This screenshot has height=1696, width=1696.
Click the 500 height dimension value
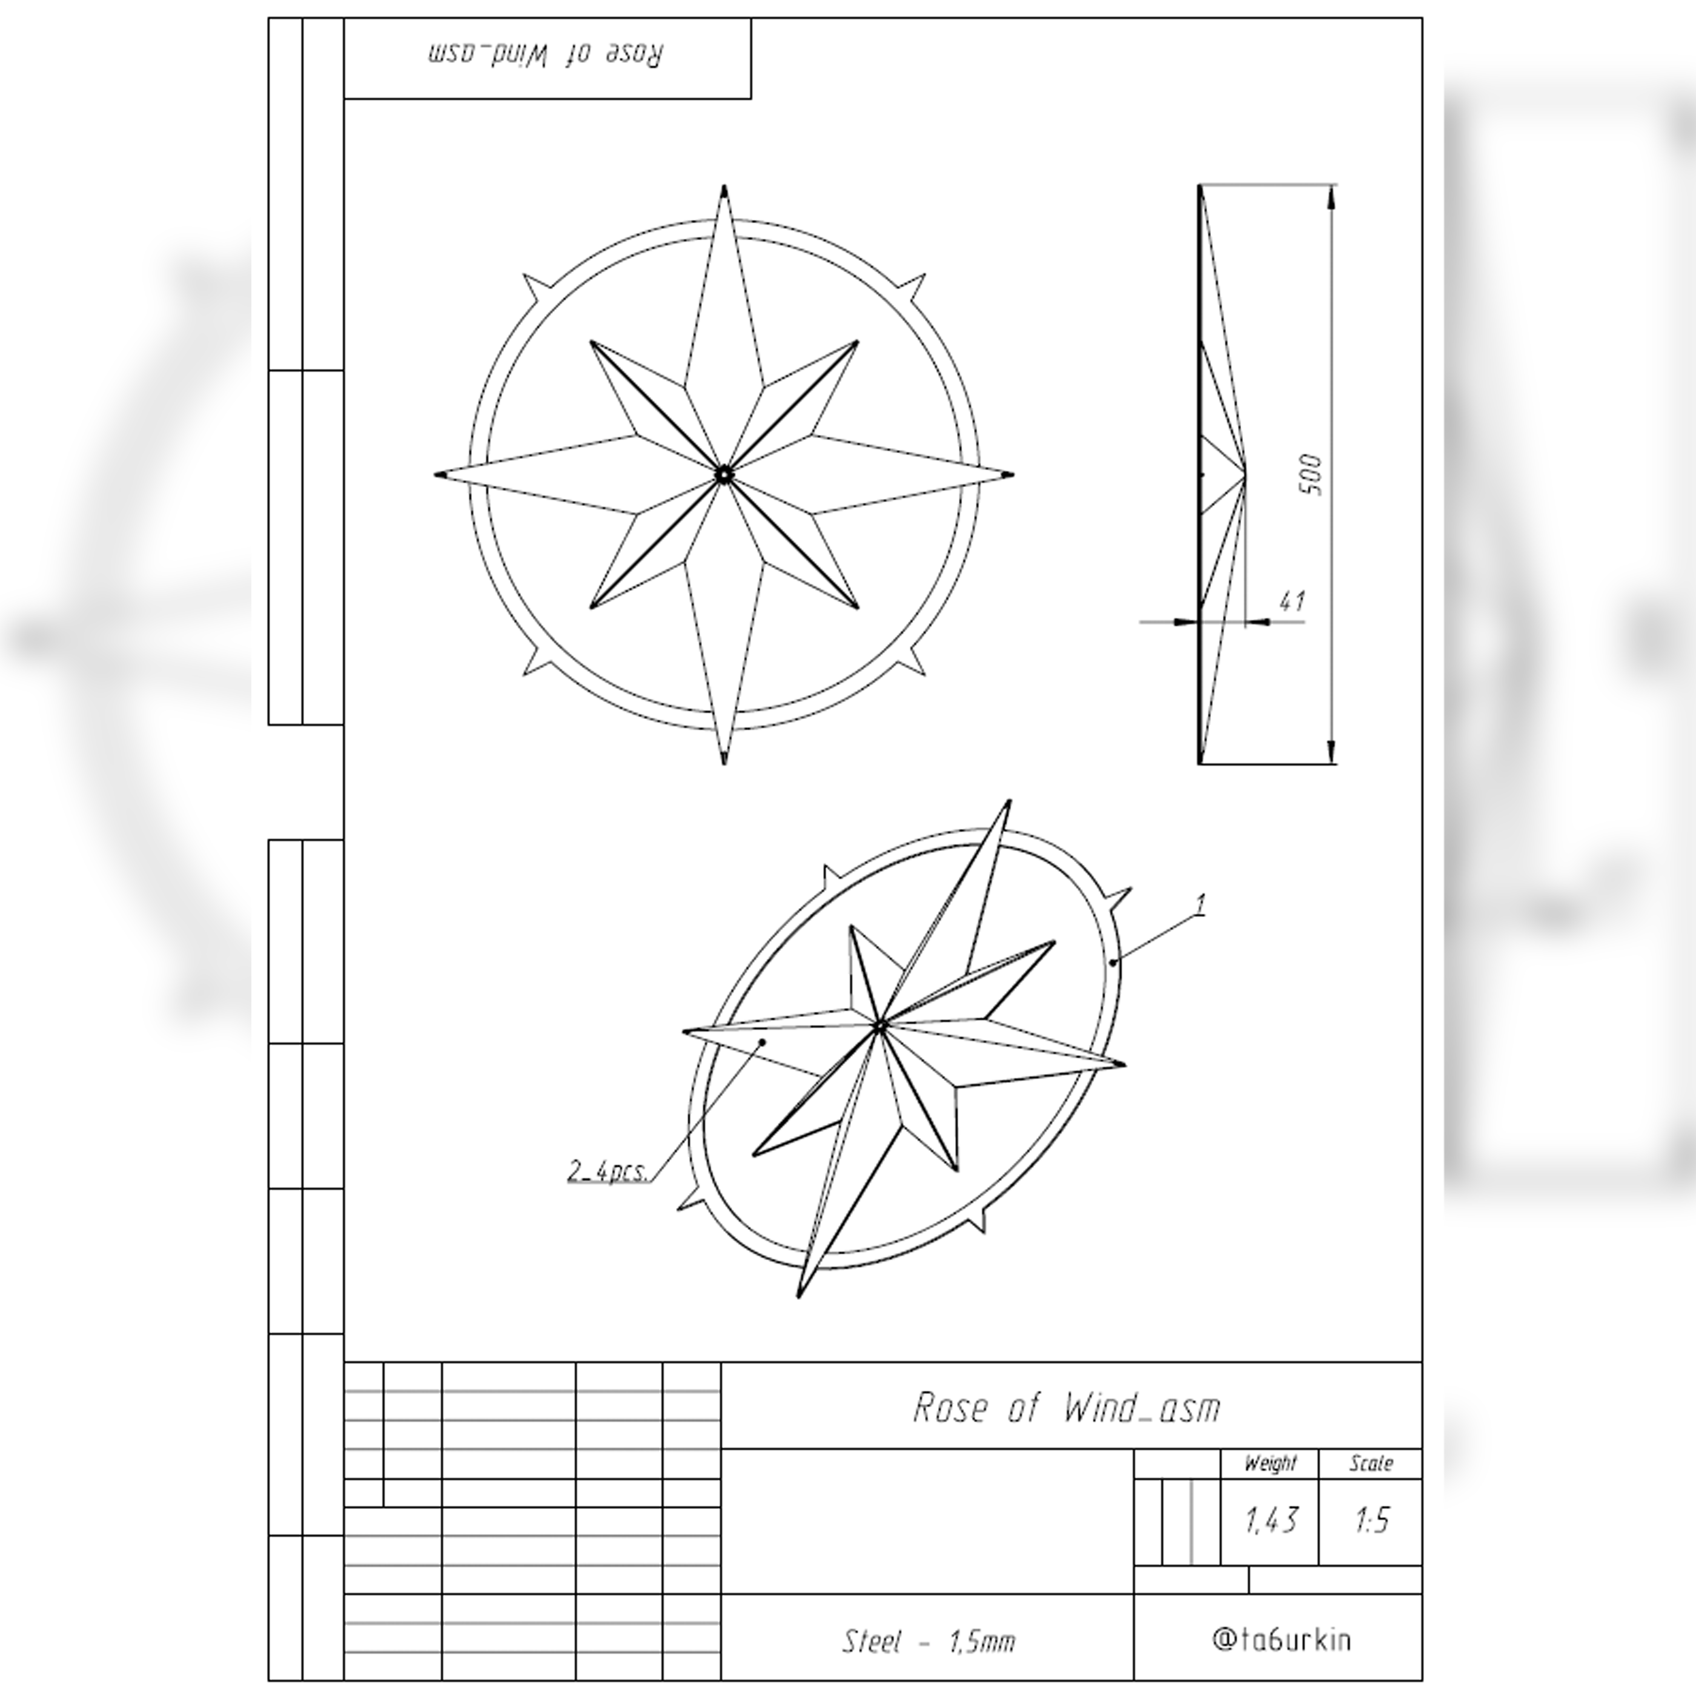1313,474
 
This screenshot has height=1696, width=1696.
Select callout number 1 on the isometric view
1202,904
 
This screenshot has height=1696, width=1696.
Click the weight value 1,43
1270,1520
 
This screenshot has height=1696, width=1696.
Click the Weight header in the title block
1270,1463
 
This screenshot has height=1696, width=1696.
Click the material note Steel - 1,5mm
928,1641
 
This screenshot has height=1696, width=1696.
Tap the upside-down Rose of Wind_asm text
546,55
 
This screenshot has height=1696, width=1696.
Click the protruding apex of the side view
1245,474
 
